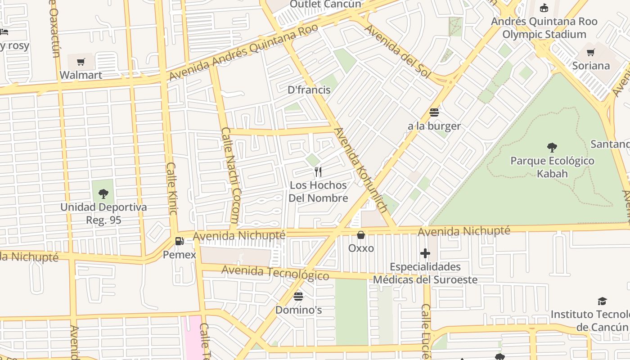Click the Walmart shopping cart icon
point(81,62)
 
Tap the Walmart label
point(81,75)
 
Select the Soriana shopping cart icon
point(591,53)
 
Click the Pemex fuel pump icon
point(180,241)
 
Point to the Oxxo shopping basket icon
point(361,235)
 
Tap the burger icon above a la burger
point(434,112)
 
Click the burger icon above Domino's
point(298,296)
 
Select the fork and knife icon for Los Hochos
point(318,171)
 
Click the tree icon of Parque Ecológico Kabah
point(552,147)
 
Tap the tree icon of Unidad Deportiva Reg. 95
point(103,194)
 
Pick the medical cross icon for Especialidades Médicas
point(425,253)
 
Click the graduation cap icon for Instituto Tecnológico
point(602,301)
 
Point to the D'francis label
point(309,90)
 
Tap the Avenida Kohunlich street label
point(360,170)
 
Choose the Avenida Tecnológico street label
point(275,272)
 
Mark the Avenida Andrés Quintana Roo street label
point(243,52)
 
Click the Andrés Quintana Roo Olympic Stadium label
point(544,27)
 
